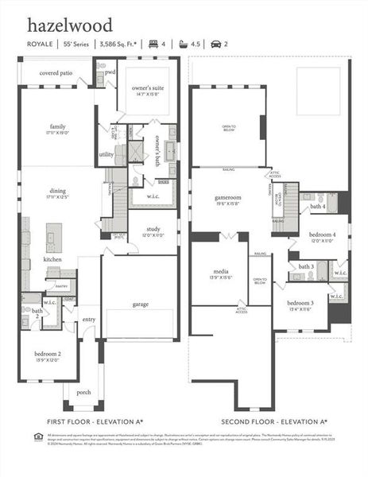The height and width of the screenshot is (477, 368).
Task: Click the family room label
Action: point(57,126)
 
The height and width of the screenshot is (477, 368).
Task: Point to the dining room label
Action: point(57,191)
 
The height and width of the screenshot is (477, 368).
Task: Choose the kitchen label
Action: point(52,260)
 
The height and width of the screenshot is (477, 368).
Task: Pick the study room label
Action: point(153,229)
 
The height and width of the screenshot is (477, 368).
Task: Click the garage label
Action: point(141,304)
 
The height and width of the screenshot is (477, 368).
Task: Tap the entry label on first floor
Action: point(88,320)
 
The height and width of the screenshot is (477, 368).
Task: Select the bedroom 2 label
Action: point(48,353)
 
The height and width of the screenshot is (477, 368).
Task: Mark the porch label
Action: point(83,393)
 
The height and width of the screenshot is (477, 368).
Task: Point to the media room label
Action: point(220,271)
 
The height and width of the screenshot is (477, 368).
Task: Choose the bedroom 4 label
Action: point(323,236)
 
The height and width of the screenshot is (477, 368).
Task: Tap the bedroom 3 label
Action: point(300,304)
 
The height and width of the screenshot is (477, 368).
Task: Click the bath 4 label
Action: point(318,207)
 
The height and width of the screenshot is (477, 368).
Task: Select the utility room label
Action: point(106,154)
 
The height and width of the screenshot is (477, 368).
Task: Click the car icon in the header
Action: point(215,45)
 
